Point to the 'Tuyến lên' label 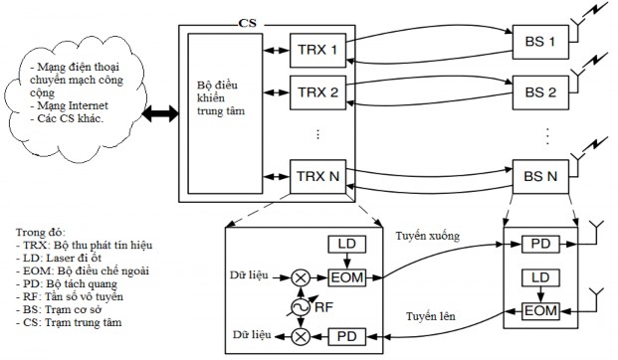[x=431, y=316]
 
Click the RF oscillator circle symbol [x=295, y=306]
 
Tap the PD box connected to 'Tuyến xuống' [x=537, y=242]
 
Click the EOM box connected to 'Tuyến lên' [x=537, y=311]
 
